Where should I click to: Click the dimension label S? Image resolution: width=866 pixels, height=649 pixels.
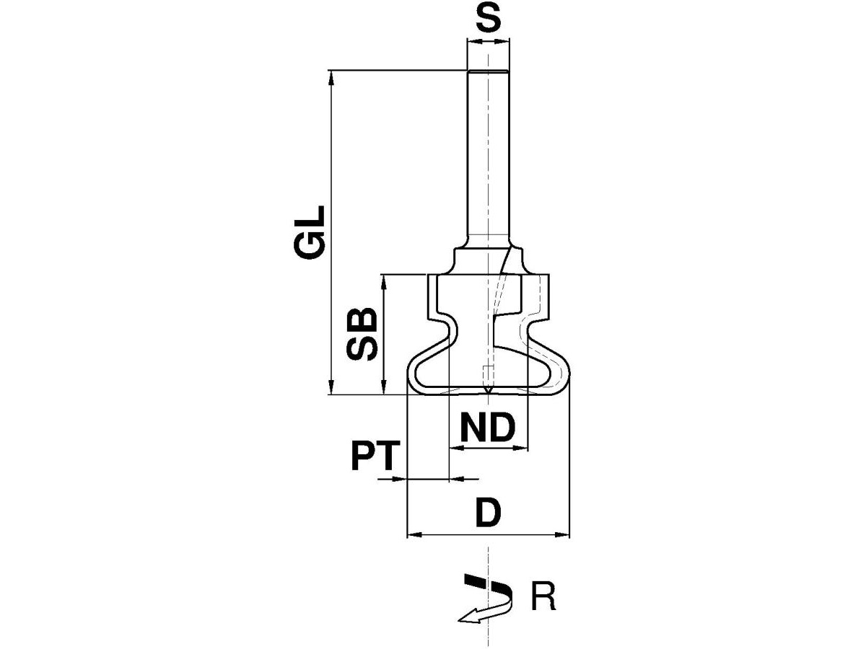[x=488, y=19]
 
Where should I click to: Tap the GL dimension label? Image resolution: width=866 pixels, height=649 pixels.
[x=309, y=232]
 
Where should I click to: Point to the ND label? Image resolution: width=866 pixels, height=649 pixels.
[x=488, y=428]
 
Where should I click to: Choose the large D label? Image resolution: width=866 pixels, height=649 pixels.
[x=488, y=512]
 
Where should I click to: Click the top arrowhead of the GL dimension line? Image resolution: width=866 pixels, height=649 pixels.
[x=331, y=78]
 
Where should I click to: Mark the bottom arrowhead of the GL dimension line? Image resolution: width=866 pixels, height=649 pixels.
[x=331, y=387]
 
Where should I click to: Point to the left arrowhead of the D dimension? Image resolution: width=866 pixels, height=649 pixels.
[x=414, y=535]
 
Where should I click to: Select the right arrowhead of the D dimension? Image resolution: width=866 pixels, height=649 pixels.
[x=562, y=535]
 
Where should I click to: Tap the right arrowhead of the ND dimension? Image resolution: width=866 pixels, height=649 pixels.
[x=520, y=448]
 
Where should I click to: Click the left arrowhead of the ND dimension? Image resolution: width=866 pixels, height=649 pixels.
[x=457, y=448]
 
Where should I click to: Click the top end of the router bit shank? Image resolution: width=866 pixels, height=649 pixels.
[x=488, y=71]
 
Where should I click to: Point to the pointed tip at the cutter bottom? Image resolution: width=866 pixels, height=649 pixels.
[x=489, y=392]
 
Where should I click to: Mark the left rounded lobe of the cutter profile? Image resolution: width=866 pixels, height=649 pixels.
[x=411, y=371]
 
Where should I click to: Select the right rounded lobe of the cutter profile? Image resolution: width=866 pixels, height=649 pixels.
[x=565, y=371]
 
